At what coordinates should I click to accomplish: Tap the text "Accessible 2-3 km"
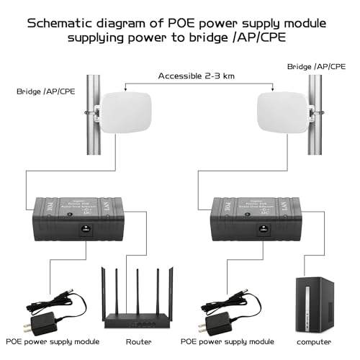[196, 75]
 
